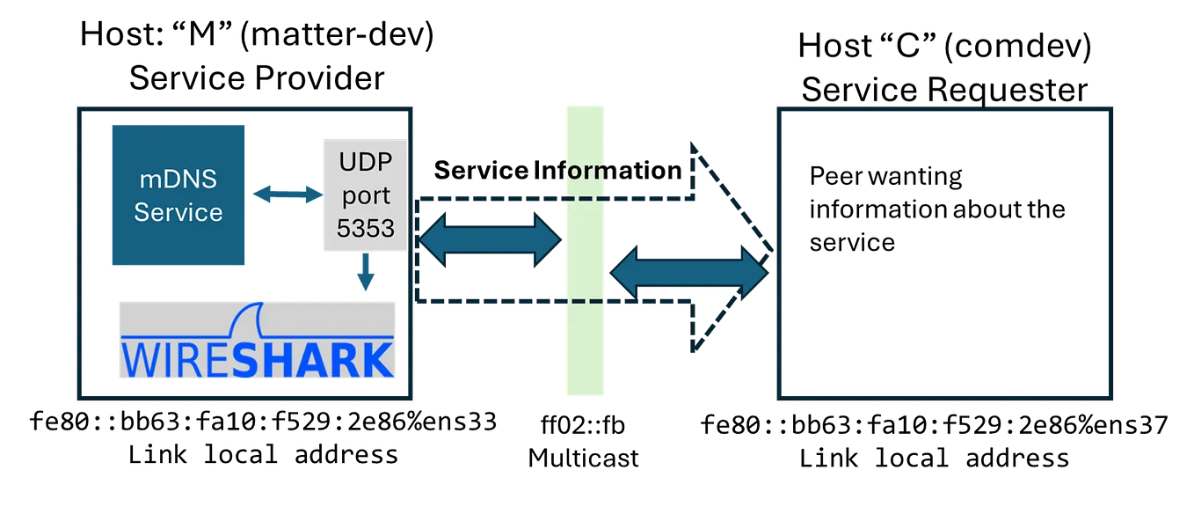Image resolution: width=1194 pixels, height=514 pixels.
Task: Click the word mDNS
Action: point(178,180)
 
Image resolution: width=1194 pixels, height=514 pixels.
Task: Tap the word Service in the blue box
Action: point(178,212)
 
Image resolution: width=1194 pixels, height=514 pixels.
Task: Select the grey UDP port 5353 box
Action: point(361,194)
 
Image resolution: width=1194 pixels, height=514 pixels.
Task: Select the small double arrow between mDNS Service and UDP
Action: point(287,195)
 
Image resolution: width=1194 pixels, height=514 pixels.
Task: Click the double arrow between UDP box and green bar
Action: point(490,238)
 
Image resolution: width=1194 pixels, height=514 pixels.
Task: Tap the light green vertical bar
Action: point(585,352)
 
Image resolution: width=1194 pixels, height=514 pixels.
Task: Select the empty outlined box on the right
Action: point(945,253)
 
